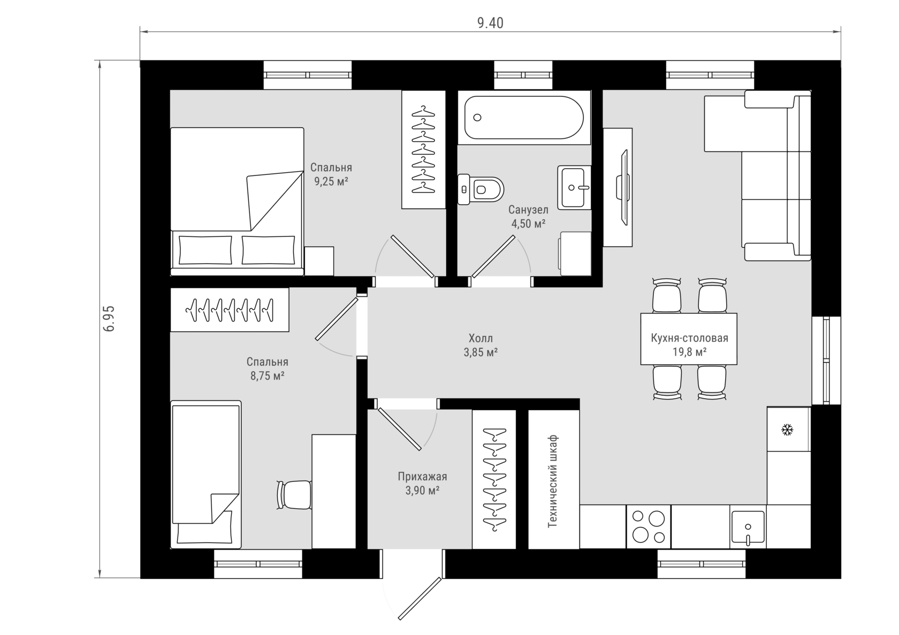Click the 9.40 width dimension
coord(490,23)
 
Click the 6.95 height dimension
coord(109,318)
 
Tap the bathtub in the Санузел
coord(524,117)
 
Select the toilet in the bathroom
coord(481,189)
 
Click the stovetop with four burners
coord(648,526)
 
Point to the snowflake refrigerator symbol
coord(787,430)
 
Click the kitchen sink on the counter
coord(747,527)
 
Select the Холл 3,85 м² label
coord(481,345)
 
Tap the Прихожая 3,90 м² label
coord(422,484)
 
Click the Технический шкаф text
coord(553,481)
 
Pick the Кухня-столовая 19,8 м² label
coord(689,345)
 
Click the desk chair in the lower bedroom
coord(294,495)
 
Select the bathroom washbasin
coord(574,187)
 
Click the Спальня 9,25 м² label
coord(331,174)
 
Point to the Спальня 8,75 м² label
coord(268,369)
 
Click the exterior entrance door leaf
coord(420,599)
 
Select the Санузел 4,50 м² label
coord(528,216)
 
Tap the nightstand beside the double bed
coord(319,261)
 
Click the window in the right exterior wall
coord(826,360)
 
